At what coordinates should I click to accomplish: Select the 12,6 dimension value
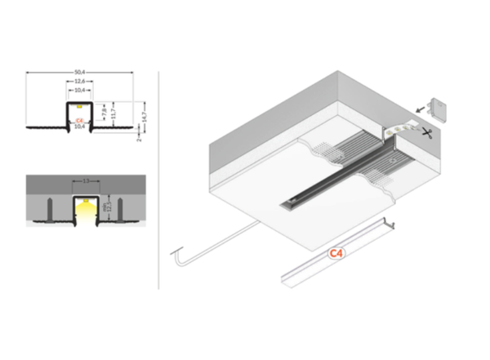[x=79, y=82]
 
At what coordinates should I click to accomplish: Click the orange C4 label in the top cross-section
[x=79, y=121]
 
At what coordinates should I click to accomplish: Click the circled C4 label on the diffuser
[x=334, y=254]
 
